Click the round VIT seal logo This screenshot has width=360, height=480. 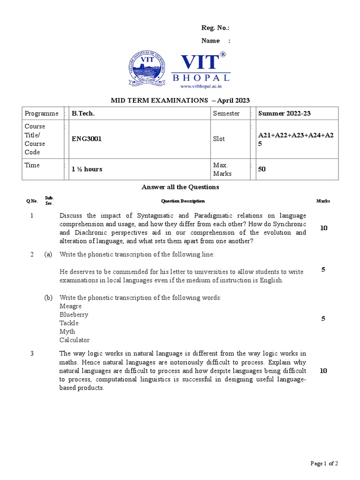point(149,69)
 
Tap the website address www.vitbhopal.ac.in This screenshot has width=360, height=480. point(200,86)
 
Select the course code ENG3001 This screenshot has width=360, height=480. point(86,139)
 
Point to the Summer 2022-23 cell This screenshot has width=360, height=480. point(285,113)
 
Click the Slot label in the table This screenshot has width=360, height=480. point(219,139)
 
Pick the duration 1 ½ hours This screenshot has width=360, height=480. point(87,169)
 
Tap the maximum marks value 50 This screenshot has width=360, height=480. point(262,169)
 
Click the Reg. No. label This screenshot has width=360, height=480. point(216,28)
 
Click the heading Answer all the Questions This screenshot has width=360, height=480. point(180,187)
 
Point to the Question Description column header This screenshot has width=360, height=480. point(183,201)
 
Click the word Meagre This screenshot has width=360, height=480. point(70,306)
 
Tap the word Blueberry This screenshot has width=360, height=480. point(74,315)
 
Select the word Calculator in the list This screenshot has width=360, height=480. point(75,340)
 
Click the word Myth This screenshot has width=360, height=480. point(67,331)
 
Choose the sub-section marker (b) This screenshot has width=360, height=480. point(48,298)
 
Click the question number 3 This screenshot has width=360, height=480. point(32,353)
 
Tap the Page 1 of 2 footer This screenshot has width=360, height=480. point(324,464)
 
